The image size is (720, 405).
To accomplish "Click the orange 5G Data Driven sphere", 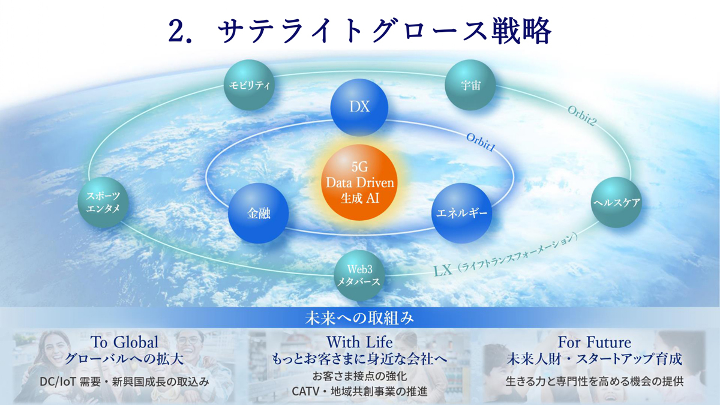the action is coord(359,182).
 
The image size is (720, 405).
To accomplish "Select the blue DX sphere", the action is coord(359,107).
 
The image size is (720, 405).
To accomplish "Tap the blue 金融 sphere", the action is coord(259,213).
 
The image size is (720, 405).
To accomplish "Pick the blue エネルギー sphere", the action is coord(461,213).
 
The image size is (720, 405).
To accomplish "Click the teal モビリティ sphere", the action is coord(249,85).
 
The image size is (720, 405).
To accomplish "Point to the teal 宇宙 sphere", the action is coord(470,85).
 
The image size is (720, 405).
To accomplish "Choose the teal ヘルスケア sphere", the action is coord(617,203).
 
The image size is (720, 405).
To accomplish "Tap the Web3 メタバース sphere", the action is coord(359,275).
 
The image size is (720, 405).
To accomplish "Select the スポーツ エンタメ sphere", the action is coord(103,203).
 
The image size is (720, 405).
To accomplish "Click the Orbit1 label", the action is coord(481,142).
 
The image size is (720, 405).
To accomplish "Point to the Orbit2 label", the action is coord(582,116).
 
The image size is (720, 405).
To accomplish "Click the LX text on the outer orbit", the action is coord(443,271).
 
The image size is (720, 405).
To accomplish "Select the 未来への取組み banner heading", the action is coord(359,318).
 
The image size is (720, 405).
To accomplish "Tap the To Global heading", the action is coord(125,342).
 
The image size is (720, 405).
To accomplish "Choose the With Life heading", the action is coord(359,342).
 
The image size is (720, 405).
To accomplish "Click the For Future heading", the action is coord(595,342).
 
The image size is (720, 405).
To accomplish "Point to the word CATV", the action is coord(305,391).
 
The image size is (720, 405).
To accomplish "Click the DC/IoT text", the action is coord(58,382).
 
